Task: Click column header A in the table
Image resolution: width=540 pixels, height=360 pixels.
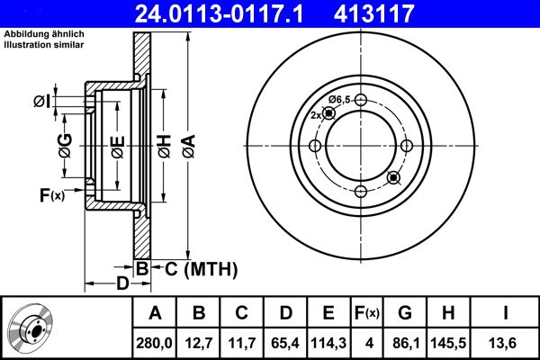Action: pos(155,313)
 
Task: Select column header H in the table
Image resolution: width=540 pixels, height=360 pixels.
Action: pos(449,313)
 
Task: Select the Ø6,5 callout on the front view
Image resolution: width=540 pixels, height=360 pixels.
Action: pos(339,99)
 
